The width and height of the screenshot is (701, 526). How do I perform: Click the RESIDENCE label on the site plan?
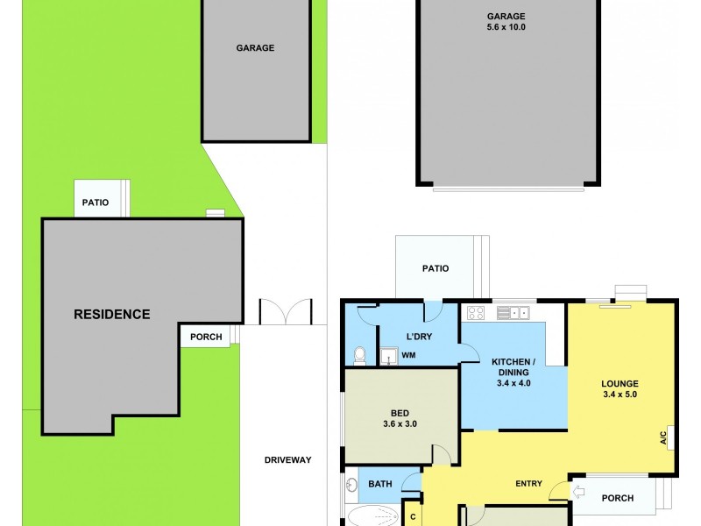click(111, 314)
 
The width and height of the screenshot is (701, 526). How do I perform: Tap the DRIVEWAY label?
click(288, 459)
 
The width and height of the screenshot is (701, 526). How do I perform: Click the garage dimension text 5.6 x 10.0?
click(506, 27)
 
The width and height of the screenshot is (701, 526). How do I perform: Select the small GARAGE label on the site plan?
click(255, 48)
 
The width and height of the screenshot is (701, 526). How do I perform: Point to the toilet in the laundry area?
click(358, 355)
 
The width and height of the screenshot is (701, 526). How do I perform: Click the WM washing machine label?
click(408, 355)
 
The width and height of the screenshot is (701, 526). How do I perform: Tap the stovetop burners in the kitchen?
click(478, 311)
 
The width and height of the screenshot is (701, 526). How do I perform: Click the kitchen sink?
click(518, 311)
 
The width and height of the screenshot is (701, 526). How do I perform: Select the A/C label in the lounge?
click(663, 437)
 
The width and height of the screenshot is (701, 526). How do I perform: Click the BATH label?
click(379, 482)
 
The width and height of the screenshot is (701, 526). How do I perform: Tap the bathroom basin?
click(350, 482)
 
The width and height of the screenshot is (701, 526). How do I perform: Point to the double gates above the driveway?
click(285, 313)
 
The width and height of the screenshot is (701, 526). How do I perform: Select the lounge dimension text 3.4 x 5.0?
click(619, 395)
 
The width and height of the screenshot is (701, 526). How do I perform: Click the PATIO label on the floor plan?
click(435, 268)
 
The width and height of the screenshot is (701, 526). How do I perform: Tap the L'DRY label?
click(419, 337)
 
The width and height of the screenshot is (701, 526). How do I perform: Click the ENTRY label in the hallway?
click(528, 483)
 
